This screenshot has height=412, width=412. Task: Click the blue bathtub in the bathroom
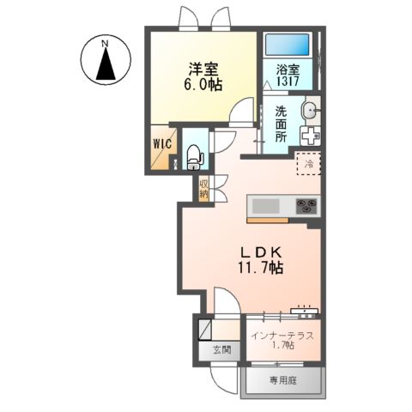(x=287, y=45)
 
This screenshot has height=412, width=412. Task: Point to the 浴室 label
(x=287, y=70)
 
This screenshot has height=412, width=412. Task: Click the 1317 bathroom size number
(x=287, y=82)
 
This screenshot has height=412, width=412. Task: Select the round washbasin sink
(x=310, y=109)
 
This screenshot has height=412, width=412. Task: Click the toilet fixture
(x=194, y=154)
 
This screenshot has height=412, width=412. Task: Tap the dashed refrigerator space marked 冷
(x=307, y=162)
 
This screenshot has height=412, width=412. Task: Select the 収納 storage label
(x=204, y=187)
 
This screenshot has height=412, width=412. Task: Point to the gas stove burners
(x=307, y=206)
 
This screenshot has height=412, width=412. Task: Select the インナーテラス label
(x=282, y=334)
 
